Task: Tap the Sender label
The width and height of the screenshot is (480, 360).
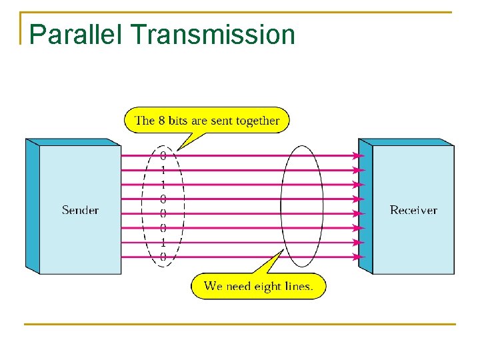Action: [80, 210]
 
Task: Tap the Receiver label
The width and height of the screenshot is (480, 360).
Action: [413, 210]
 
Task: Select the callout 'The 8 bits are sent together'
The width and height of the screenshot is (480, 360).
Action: [207, 121]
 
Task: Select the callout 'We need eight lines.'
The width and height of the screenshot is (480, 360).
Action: [258, 286]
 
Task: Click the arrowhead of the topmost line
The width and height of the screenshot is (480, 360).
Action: [359, 155]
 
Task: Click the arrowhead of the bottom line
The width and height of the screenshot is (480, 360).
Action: [359, 256]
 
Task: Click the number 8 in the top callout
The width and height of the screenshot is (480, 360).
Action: [161, 121]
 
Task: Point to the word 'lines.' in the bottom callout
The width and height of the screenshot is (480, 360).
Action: [307, 286]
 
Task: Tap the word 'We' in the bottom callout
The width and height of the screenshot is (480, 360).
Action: [213, 286]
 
